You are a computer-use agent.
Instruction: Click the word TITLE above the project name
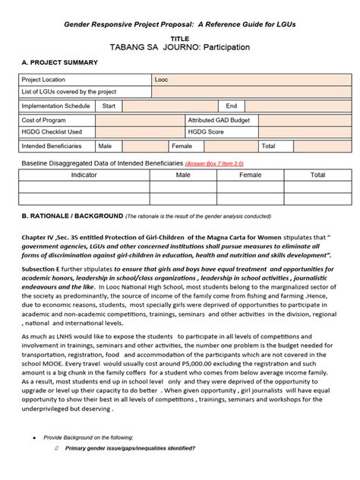pos(180,37)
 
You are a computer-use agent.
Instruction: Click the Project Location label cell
pos(47,79)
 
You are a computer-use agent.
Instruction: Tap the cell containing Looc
pos(163,79)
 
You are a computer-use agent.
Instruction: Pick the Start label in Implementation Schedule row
pos(109,106)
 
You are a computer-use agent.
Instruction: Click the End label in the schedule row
pos(231,106)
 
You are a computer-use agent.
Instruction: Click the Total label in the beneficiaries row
pos(268,145)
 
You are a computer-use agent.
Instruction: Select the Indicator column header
pos(84,175)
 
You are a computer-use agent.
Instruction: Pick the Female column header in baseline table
pos(251,175)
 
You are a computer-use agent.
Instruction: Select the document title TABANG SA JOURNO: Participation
pos(179,47)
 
